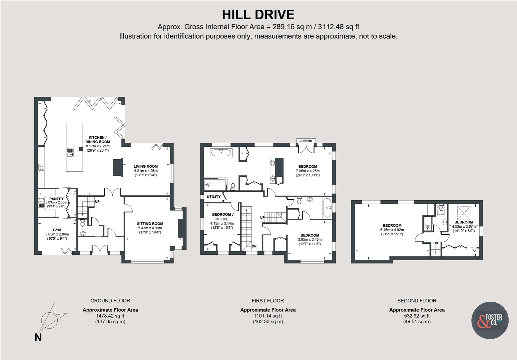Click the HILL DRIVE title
coord(258,15)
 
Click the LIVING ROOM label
coord(146,166)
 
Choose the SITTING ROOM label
coord(150,224)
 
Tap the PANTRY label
coord(56,199)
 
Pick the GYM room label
coord(57,230)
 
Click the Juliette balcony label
coord(305,141)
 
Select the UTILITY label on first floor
coord(214,197)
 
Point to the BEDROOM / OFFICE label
coord(222,217)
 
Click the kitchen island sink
coord(71,152)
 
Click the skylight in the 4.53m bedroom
coord(463,212)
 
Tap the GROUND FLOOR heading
coord(110,301)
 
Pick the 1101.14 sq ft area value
coord(268,316)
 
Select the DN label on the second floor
coord(435,243)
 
